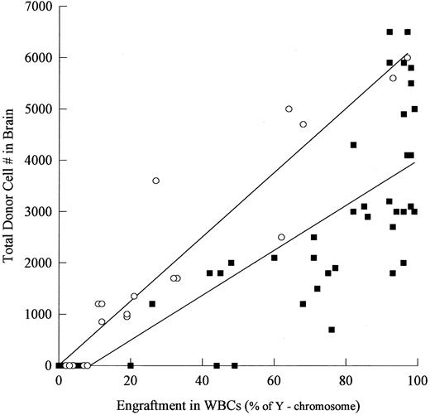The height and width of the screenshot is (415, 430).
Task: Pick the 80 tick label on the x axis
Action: point(346,379)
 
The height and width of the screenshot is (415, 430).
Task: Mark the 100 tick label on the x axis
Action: point(417,379)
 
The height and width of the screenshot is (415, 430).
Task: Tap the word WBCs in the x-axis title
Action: point(217,404)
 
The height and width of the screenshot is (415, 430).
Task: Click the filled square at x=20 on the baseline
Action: point(131,365)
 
